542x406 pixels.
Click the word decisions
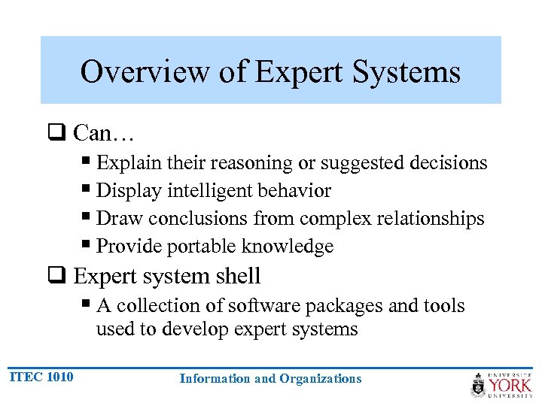[x=450, y=163]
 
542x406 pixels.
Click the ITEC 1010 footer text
[x=41, y=377]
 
